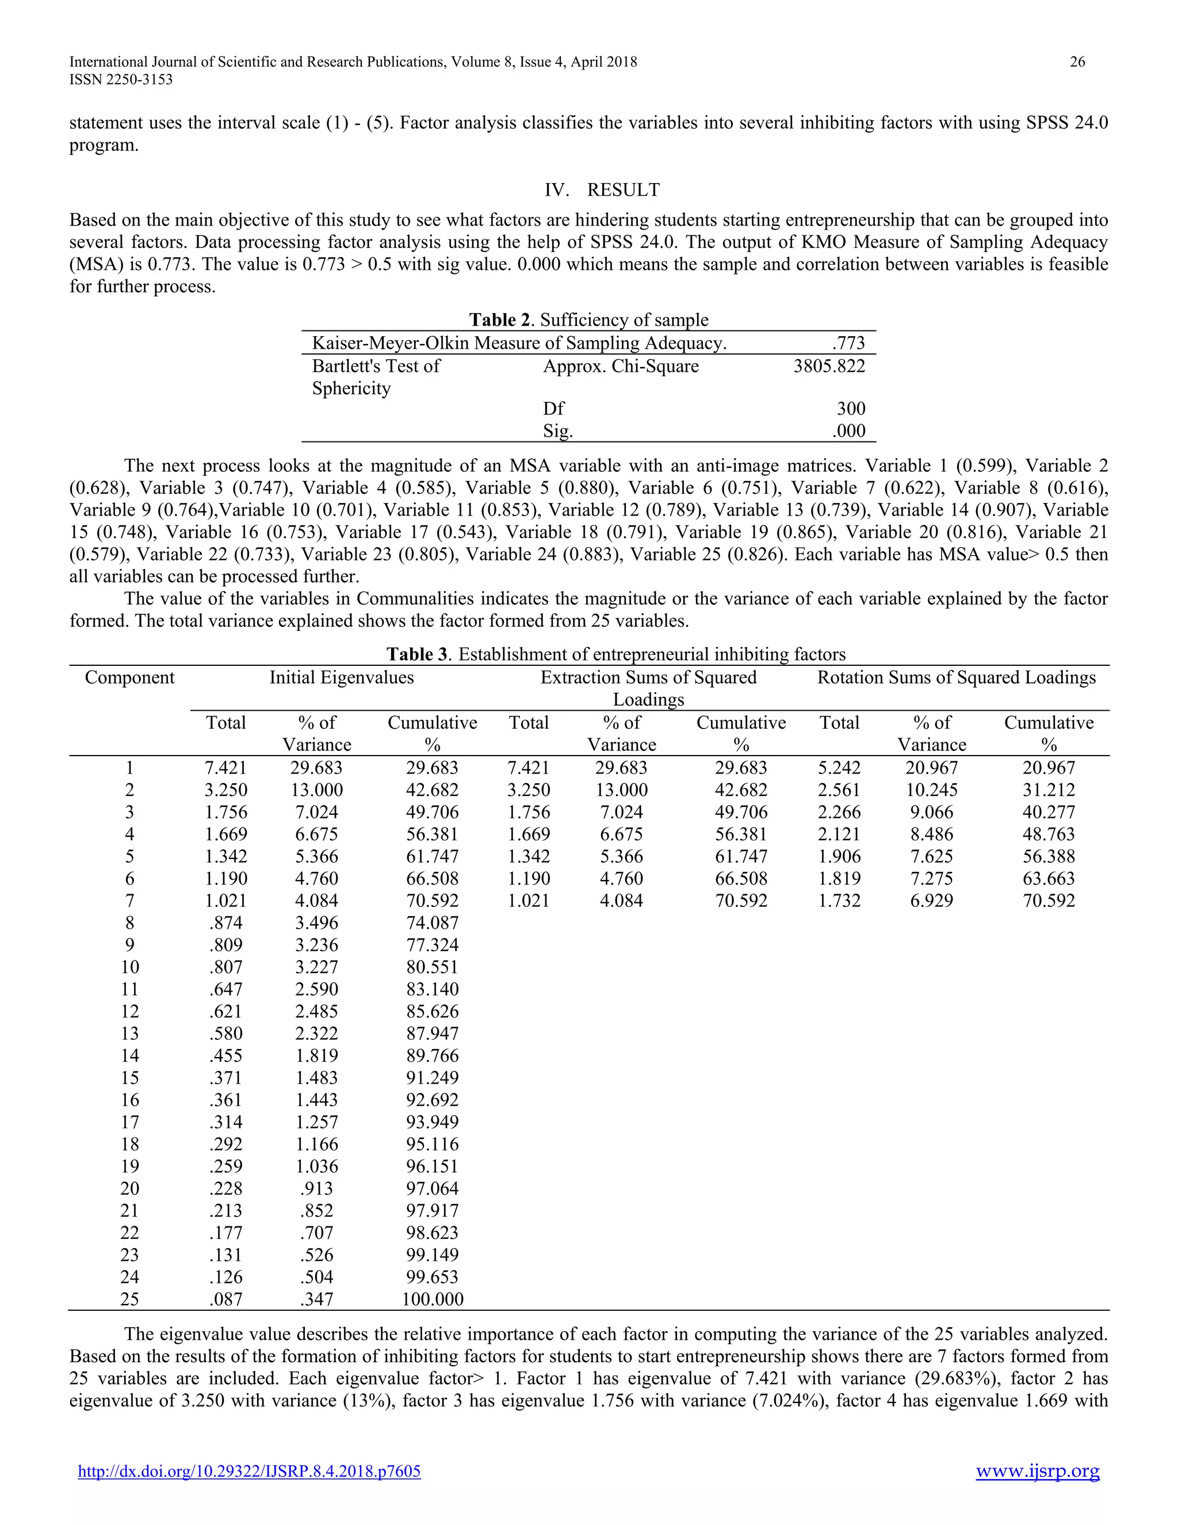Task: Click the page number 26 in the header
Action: coord(1077,62)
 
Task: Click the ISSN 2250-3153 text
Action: coord(121,79)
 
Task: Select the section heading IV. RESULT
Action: coord(602,190)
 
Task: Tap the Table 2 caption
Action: coord(588,320)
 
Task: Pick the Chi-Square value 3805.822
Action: coord(829,366)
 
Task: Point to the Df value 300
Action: coord(851,409)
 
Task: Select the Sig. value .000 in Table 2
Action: coord(848,431)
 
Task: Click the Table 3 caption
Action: coord(616,654)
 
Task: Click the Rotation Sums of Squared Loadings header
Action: coord(956,677)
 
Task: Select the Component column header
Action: coord(130,677)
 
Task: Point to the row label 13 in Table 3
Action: coord(130,1034)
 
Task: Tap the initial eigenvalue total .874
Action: coord(226,923)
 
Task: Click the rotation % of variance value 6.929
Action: coord(932,901)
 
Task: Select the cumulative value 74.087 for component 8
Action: coord(433,923)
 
